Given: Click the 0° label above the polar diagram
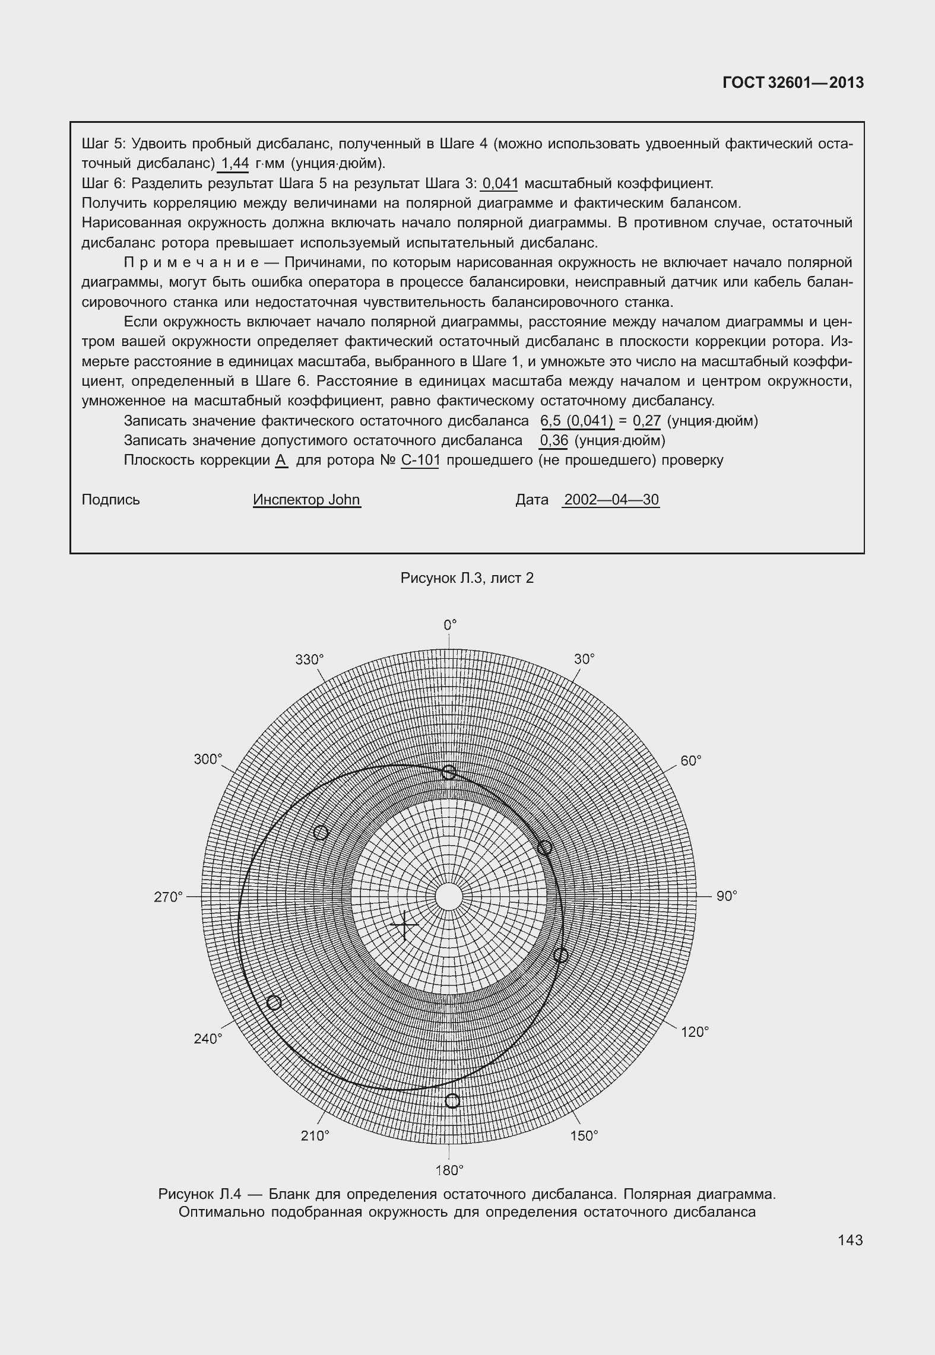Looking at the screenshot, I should click(450, 625).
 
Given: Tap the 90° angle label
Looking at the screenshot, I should click(726, 896).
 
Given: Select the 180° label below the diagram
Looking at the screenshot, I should click(449, 1170).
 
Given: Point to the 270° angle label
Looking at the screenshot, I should click(168, 897).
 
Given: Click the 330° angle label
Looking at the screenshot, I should click(309, 660).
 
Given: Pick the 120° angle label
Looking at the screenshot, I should click(695, 1032).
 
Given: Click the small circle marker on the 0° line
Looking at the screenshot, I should click(449, 772).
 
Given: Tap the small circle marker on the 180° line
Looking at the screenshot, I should click(452, 1101).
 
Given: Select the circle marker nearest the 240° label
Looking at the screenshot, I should click(274, 1002).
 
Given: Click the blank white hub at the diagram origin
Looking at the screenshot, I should click(449, 896).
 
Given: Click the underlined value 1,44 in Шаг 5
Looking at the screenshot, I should click(234, 163).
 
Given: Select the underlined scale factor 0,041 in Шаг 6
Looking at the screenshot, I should click(500, 183).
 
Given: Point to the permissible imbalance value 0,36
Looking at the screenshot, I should click(553, 440).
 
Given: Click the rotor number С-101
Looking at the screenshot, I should click(420, 460).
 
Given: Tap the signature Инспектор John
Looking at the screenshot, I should click(306, 500).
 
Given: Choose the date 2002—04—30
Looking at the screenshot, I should click(611, 500).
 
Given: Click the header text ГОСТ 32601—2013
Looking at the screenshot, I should click(793, 83).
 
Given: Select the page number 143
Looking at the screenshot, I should click(850, 1240).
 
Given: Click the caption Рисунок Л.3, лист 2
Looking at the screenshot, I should click(467, 578).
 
